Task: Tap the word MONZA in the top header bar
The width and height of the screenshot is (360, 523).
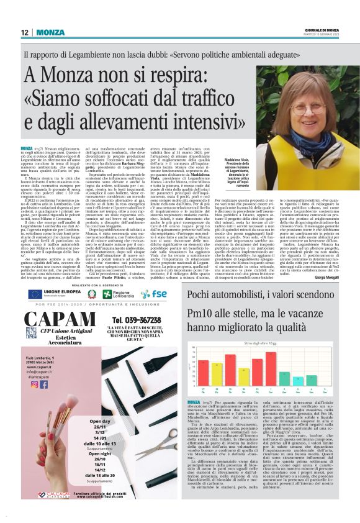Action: click(50, 32)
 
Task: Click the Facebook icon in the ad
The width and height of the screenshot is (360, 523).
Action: click(43, 384)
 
